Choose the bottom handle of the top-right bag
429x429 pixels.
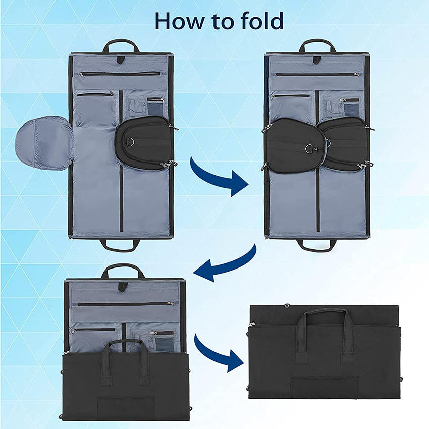[317, 246]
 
